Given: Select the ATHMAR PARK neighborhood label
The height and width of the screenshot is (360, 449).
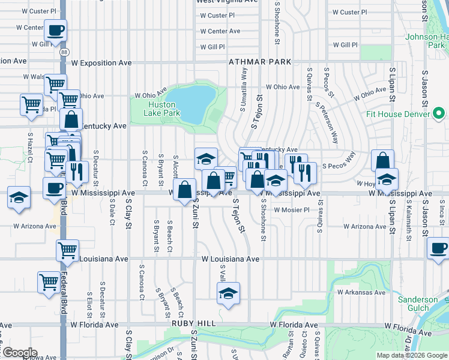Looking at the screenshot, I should coord(259,62).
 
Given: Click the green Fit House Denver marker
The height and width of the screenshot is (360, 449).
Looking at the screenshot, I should coord(439,113).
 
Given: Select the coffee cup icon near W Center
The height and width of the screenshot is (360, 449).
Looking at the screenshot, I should coord(55,30).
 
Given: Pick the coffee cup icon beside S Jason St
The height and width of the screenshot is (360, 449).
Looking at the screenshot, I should coord(438,248).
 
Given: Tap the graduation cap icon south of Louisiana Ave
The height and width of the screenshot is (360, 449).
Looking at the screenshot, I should coord(228,293).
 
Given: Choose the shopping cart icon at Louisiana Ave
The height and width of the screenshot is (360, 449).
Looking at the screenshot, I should coord(68,250).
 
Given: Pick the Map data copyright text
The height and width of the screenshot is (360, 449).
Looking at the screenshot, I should coord(411,355).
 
